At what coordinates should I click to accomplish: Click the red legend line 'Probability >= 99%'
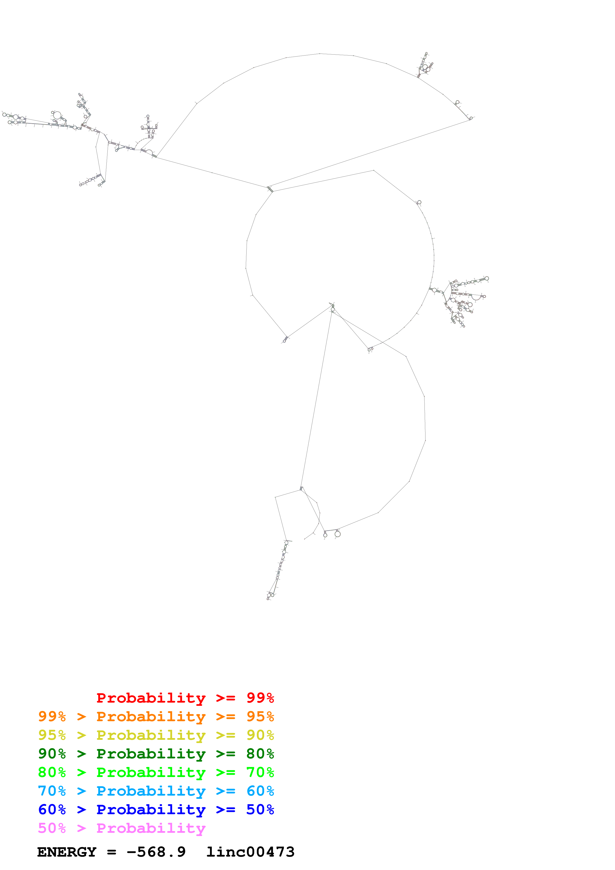[x=185, y=698]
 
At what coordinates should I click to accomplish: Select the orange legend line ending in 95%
[x=156, y=716]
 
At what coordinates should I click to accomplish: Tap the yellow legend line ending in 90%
[x=156, y=735]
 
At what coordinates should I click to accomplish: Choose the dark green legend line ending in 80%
[x=156, y=754]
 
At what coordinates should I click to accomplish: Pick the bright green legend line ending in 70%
[x=156, y=772]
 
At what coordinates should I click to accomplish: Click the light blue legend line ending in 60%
[x=156, y=791]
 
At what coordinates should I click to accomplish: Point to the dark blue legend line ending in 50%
[x=156, y=809]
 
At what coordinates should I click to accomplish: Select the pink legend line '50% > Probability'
[x=122, y=828]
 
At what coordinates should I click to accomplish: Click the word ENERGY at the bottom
[x=67, y=852]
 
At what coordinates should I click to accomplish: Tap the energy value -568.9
[x=156, y=852]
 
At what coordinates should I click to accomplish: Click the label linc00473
[x=250, y=852]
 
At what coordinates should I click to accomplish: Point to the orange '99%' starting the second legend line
[x=52, y=716]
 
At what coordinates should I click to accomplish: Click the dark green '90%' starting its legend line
[x=52, y=754]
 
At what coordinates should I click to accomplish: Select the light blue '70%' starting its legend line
[x=52, y=791]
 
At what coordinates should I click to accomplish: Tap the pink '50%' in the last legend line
[x=52, y=828]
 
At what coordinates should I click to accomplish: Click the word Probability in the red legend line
[x=151, y=698]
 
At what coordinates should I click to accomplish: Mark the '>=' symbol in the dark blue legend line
[x=226, y=809]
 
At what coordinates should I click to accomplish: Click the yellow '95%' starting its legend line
[x=52, y=735]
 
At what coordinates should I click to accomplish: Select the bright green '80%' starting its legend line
[x=52, y=772]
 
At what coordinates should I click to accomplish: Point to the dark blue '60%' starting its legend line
[x=52, y=809]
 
